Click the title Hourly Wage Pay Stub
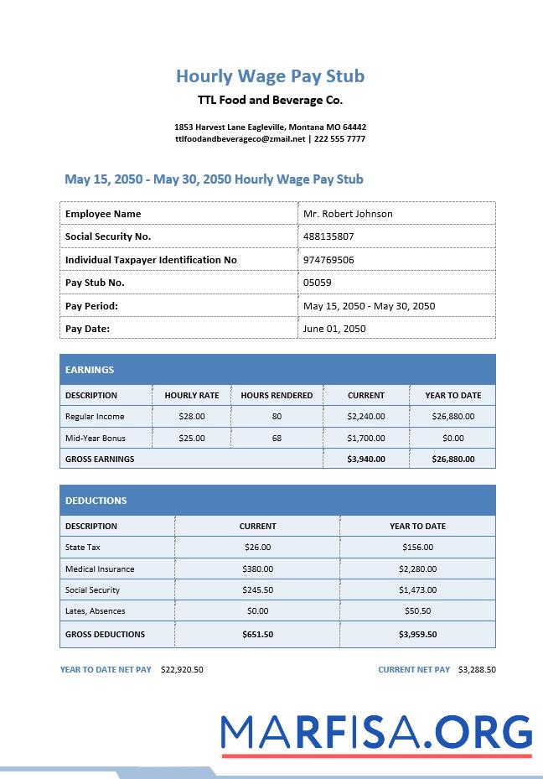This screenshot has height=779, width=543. pyautogui.click(x=270, y=76)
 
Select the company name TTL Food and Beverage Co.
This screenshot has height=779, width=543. pyautogui.click(x=270, y=100)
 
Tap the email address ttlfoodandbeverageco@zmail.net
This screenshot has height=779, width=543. pyautogui.click(x=240, y=139)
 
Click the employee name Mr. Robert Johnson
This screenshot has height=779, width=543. pyautogui.click(x=348, y=214)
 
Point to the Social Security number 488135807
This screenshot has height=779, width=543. pyautogui.click(x=328, y=236)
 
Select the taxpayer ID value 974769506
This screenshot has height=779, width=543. pyautogui.click(x=328, y=260)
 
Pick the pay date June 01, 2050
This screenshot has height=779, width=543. pyautogui.click(x=334, y=329)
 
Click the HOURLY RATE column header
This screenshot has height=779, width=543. pyautogui.click(x=192, y=395)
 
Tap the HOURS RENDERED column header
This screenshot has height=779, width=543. pyautogui.click(x=277, y=395)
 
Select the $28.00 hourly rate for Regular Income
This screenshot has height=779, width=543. pyautogui.click(x=192, y=416)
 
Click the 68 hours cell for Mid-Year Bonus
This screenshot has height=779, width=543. pyautogui.click(x=277, y=438)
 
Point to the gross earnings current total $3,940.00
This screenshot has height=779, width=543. pyautogui.click(x=366, y=459)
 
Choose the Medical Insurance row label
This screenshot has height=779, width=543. pyautogui.click(x=100, y=569)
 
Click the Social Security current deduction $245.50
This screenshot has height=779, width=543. pyautogui.click(x=257, y=590)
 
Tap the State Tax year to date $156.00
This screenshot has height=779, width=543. pyautogui.click(x=417, y=548)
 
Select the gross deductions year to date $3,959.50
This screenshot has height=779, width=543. pyautogui.click(x=417, y=634)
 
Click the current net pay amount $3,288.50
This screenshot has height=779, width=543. pyautogui.click(x=477, y=670)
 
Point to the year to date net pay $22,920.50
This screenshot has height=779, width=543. pyautogui.click(x=182, y=670)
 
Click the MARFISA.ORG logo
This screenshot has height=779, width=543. pyautogui.click(x=376, y=734)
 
